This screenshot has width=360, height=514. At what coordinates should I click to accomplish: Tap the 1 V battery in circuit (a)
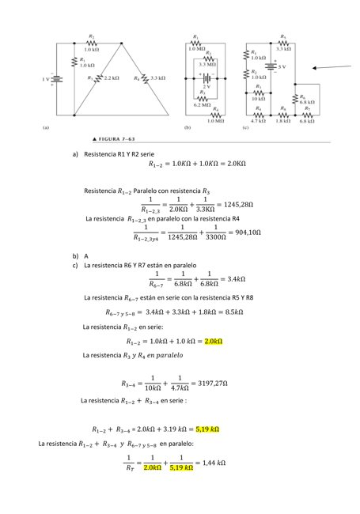point(56,79)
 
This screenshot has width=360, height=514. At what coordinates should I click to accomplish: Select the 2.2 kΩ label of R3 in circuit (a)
point(110,78)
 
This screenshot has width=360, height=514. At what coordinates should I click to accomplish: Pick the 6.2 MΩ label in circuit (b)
point(202,104)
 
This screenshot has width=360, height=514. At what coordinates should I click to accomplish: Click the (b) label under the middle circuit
point(188,127)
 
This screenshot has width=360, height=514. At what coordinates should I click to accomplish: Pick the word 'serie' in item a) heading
point(144,153)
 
